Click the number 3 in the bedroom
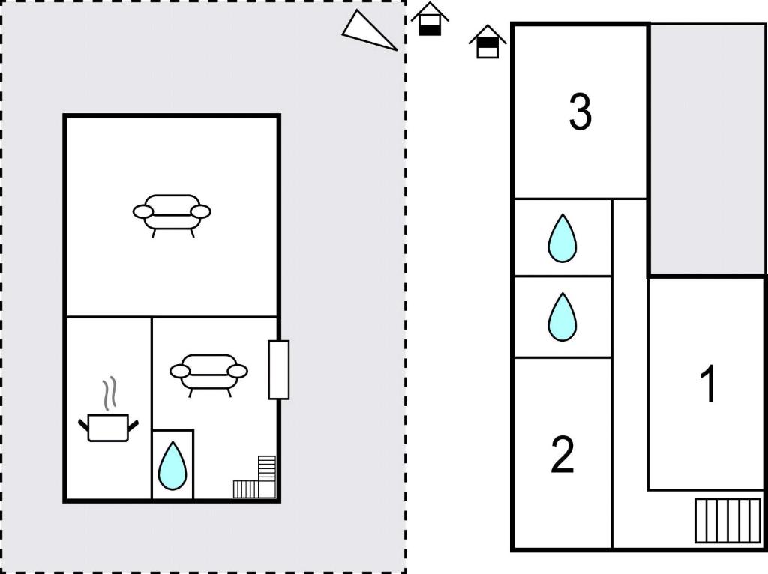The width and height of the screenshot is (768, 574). (580, 112)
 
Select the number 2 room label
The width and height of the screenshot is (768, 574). (562, 455)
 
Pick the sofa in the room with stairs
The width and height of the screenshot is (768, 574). (208, 375)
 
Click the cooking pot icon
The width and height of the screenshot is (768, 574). (108, 428)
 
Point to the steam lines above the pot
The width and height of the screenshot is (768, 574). (111, 393)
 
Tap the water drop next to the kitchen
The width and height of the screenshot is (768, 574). (172, 465)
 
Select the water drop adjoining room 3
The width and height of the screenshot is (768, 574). (562, 238)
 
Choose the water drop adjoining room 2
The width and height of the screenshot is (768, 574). (562, 317)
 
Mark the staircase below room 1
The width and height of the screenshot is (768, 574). (728, 521)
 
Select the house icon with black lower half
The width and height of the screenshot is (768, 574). (430, 19)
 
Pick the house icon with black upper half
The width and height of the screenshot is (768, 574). (487, 42)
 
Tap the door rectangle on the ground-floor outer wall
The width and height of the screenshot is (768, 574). (279, 370)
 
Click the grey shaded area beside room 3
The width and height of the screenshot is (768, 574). (706, 149)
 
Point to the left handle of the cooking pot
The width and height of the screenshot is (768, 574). (83, 424)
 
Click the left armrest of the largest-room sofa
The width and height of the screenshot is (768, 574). (143, 212)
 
